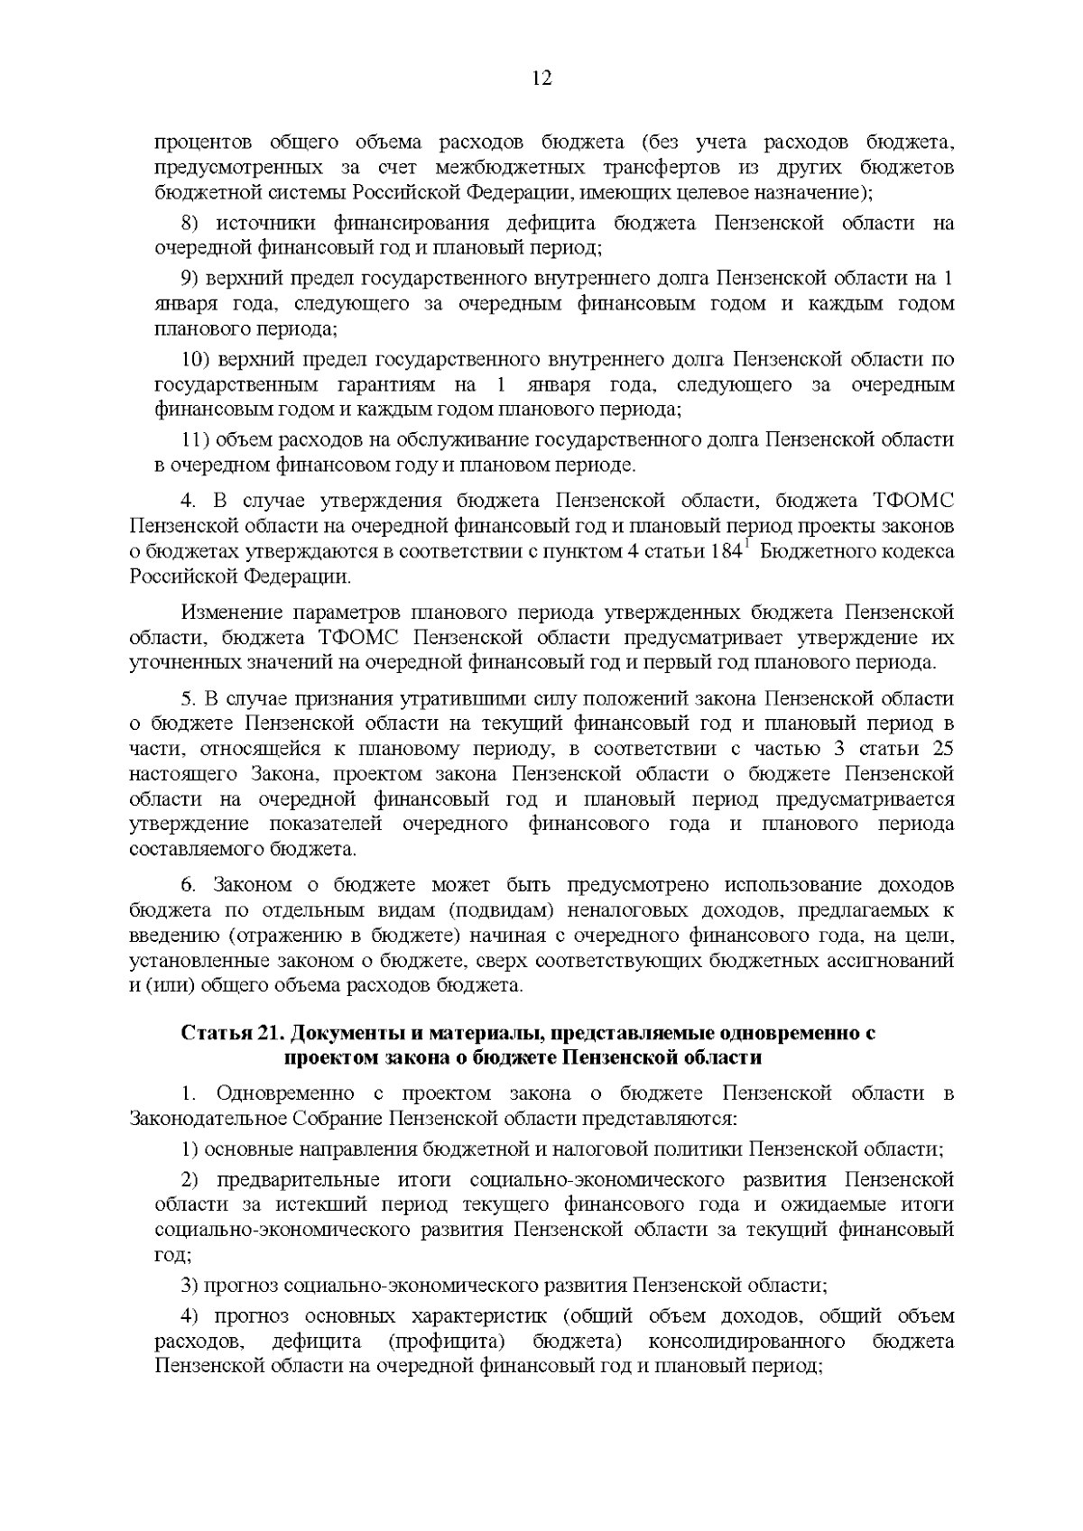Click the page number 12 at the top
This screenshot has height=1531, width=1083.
541,78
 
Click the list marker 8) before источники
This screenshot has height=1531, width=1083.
193,224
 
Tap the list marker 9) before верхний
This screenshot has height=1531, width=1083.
193,279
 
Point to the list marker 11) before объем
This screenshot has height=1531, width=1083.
196,441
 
